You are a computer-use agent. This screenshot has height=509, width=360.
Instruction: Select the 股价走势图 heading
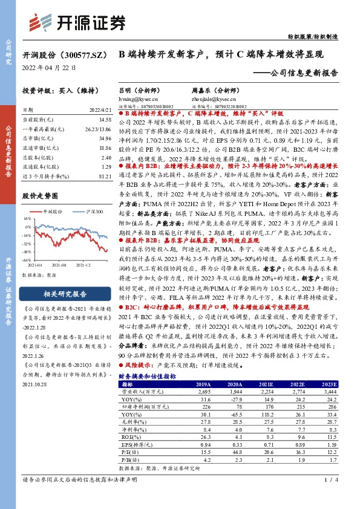pyautogui.click(x=38, y=196)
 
